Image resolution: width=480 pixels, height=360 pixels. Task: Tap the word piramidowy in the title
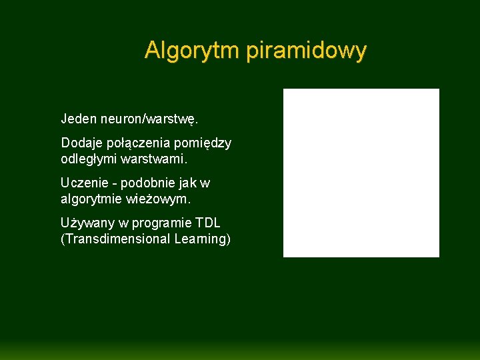tap(306, 51)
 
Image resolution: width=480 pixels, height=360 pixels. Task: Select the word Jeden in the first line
tap(78, 119)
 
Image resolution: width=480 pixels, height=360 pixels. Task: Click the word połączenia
tap(143, 143)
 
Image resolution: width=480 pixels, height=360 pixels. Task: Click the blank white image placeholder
tap(361, 173)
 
